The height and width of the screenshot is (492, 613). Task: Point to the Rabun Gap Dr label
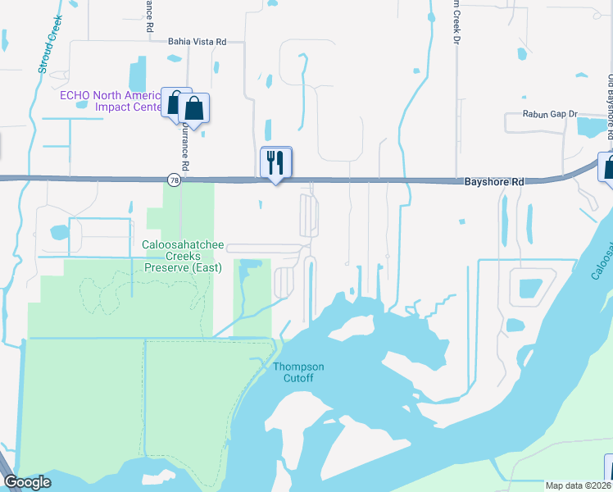(551, 115)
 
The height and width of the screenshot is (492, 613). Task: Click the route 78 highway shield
(173, 180)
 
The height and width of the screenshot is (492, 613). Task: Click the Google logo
(27, 482)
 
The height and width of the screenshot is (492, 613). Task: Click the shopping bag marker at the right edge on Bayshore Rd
(607, 167)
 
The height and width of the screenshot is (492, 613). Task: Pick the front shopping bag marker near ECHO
(194, 108)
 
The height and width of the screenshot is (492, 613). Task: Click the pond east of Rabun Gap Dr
(591, 126)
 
